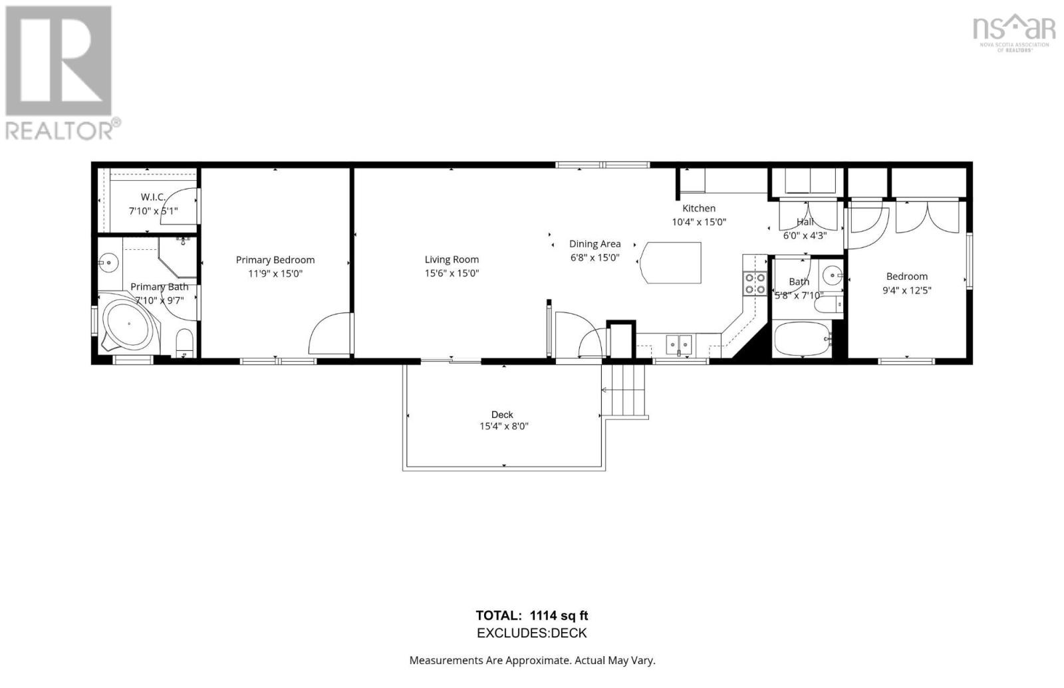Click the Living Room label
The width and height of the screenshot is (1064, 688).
[x=452, y=260]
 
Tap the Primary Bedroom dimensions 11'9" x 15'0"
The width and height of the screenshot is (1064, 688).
[x=275, y=274]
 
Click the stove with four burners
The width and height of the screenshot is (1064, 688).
[x=755, y=284]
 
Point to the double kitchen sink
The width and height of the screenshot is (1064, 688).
[x=679, y=344]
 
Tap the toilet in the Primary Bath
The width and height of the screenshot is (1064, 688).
[x=184, y=343]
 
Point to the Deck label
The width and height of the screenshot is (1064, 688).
[x=502, y=415]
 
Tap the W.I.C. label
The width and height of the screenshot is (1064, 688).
[x=153, y=197]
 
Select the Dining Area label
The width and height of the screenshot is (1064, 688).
[x=595, y=244]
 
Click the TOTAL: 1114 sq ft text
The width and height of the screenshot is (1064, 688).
[x=531, y=616]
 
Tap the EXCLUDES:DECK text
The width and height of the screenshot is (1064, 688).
[x=531, y=633]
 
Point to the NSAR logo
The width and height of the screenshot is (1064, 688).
[x=1013, y=32]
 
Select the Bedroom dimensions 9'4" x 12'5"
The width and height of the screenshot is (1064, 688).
[x=906, y=290]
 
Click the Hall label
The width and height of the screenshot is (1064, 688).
[x=805, y=222]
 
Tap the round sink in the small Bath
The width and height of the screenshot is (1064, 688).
[x=831, y=273]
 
